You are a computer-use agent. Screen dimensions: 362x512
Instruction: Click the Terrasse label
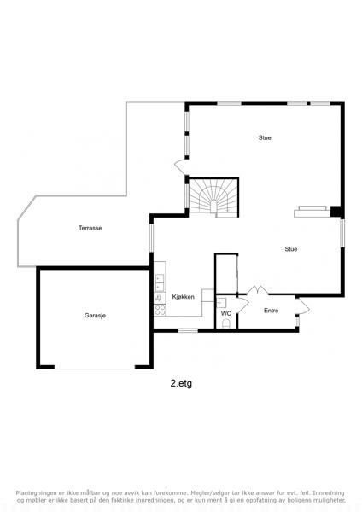90,228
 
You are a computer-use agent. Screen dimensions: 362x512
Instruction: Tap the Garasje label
95,316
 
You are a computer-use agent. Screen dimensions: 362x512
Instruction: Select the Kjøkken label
184,297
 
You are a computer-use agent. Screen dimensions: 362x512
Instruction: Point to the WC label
225,313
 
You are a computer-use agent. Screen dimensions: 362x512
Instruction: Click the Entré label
271,311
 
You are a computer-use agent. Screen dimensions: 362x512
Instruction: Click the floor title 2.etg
181,383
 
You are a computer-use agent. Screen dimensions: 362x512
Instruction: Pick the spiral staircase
213,198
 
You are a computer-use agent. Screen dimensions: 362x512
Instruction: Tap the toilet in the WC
226,323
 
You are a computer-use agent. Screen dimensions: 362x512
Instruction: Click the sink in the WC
221,303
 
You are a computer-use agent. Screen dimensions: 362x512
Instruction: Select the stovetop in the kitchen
160,310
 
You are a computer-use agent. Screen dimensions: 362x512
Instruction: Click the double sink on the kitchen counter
160,282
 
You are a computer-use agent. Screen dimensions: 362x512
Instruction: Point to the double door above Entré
258,290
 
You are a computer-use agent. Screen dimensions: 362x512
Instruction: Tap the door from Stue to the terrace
180,167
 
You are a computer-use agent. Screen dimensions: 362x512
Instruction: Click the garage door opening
95,369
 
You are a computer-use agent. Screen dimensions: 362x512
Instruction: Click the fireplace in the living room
312,212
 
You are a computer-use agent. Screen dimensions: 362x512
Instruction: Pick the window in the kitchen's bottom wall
188,330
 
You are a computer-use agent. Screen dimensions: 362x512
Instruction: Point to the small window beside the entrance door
296,321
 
